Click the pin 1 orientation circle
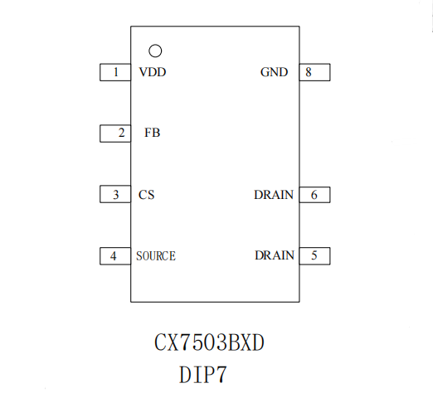click(x=155, y=45)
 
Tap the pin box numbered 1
click(x=115, y=72)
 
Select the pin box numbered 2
click(x=115, y=133)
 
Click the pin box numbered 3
click(x=115, y=194)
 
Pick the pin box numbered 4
click(x=115, y=256)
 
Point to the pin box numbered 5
click(x=314, y=256)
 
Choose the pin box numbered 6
click(x=314, y=195)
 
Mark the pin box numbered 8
click(x=314, y=72)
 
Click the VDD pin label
click(x=153, y=72)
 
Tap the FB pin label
click(x=153, y=133)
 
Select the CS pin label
click(x=146, y=195)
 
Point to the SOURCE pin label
click(x=156, y=256)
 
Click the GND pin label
click(x=274, y=72)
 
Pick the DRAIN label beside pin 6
click(x=274, y=195)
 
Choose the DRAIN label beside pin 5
click(x=275, y=255)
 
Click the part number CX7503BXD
click(x=209, y=342)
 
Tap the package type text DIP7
click(x=203, y=375)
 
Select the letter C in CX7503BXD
click(x=160, y=342)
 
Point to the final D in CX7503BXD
click(x=258, y=342)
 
